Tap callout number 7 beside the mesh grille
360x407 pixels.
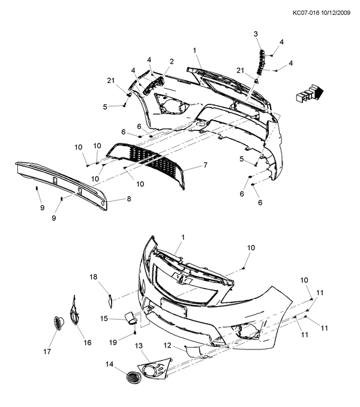click(x=205, y=164)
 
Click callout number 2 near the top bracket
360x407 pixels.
click(x=172, y=61)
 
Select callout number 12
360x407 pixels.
click(x=168, y=345)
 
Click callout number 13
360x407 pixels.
click(x=139, y=346)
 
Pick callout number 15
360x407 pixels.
click(x=104, y=319)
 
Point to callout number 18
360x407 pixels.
click(x=94, y=277)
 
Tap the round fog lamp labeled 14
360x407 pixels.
click(x=133, y=378)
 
